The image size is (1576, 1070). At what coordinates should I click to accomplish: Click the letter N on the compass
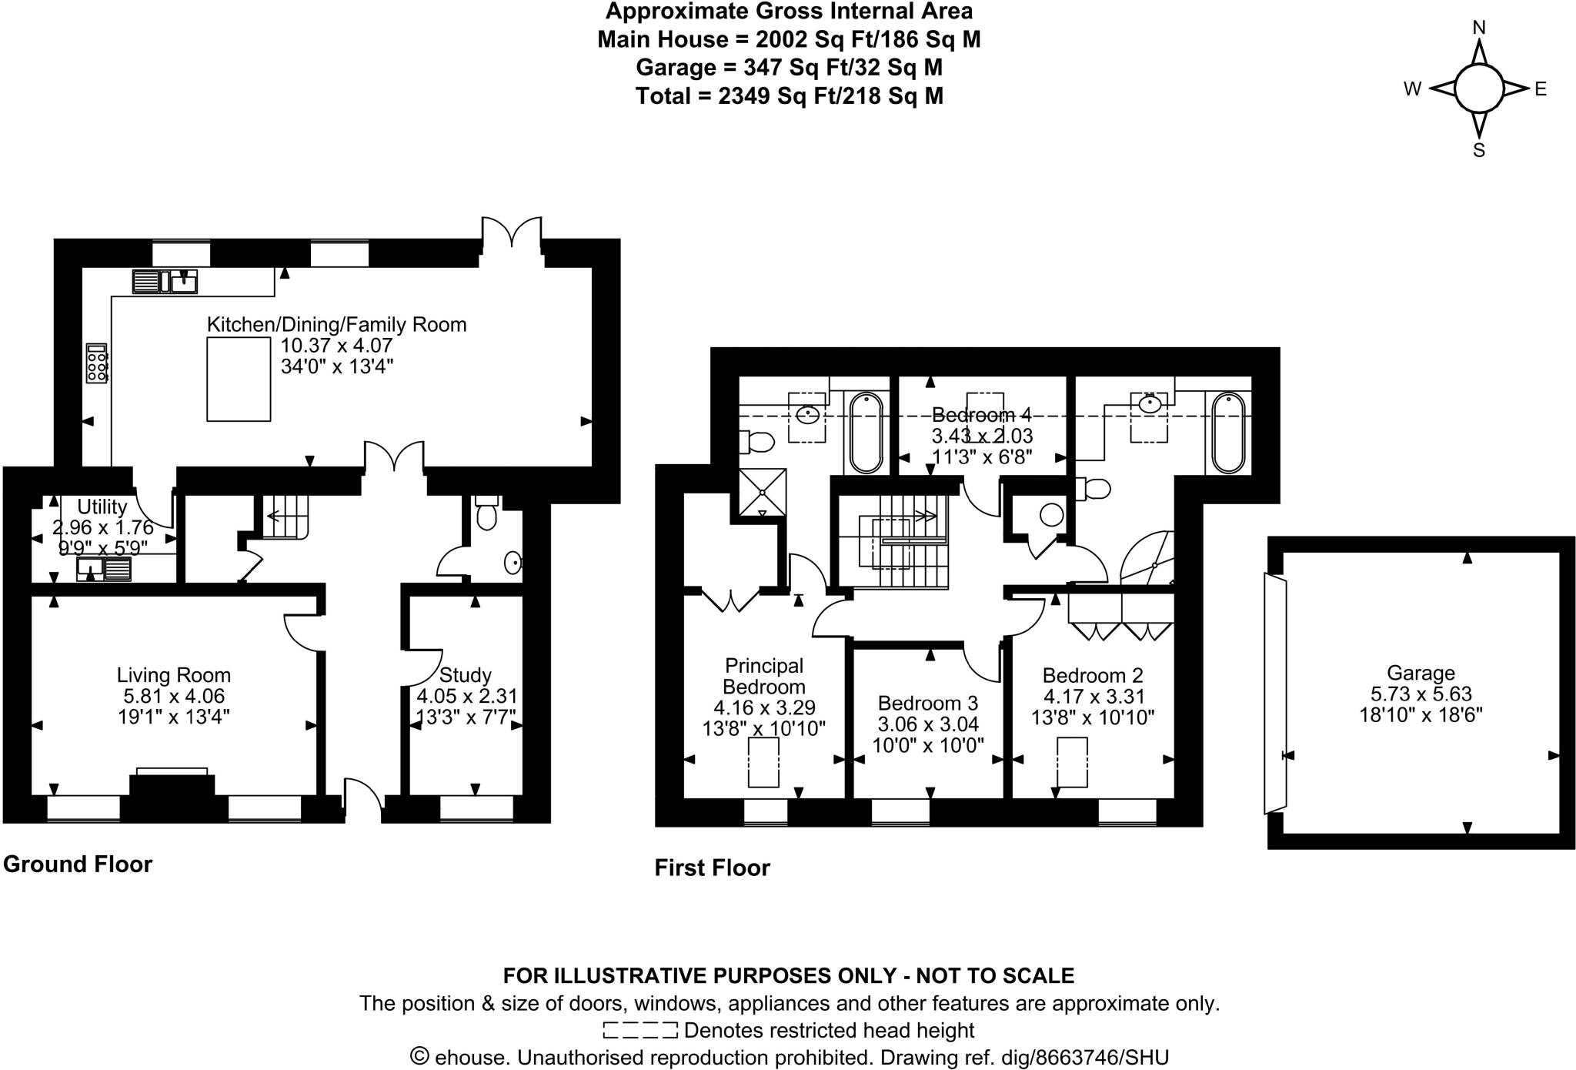pos(1478,28)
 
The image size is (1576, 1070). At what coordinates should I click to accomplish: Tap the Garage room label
pos(1420,673)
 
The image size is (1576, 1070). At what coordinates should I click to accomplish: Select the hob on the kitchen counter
pos(97,363)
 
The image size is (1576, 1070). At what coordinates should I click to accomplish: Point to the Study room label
pos(465,675)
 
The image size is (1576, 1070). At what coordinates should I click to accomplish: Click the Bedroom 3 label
pos(927,703)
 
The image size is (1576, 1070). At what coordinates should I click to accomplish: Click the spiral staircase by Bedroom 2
pos(1149,560)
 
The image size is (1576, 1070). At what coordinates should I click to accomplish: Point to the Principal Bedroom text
pos(763,675)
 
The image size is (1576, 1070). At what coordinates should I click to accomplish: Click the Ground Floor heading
pos(78,864)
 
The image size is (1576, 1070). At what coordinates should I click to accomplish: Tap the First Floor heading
pos(712,868)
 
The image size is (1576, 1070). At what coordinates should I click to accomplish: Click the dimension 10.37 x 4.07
pos(336,346)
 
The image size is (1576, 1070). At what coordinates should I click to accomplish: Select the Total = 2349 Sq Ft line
pos(789,96)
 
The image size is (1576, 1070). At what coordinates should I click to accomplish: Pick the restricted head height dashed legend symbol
pos(639,1030)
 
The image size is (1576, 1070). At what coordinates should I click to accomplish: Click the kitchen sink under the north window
pos(183,282)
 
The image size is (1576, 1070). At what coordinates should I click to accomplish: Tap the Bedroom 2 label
pos(1092,675)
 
